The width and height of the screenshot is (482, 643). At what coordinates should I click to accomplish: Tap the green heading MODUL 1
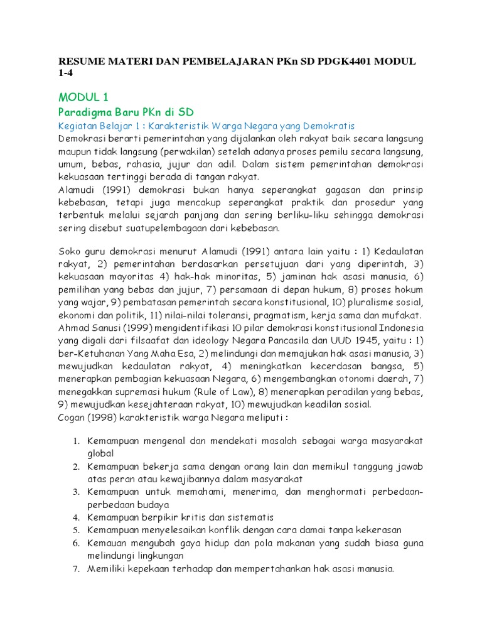coord(83,97)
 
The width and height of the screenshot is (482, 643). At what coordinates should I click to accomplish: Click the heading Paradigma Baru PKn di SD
coord(126,112)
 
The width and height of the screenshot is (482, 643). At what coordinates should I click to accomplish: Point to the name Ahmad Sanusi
coord(91,328)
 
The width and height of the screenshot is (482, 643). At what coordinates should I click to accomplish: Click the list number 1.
coord(75,441)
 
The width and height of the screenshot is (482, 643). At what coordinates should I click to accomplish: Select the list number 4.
coord(75,517)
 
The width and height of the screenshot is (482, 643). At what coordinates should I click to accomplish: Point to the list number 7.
coord(75,569)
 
